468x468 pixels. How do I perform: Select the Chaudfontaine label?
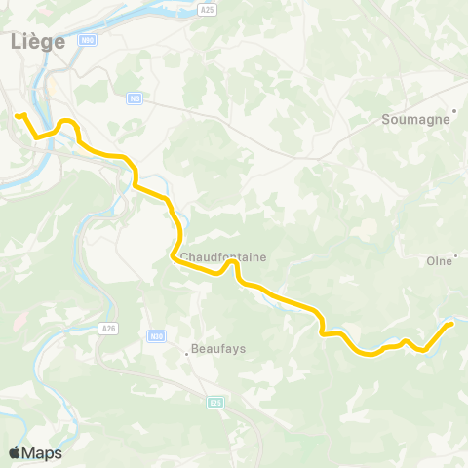pos(223,257)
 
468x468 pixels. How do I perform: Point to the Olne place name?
pos(441,261)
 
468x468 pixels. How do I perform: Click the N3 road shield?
pos(135,97)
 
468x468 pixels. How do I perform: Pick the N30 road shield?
pos(156,334)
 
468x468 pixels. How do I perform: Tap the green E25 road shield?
pos(215,400)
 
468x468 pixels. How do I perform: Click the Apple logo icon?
pos(16,452)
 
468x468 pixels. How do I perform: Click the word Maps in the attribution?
pos(42,452)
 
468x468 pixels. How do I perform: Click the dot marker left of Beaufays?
pos(187,353)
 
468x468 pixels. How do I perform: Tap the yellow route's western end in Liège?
pos(18,116)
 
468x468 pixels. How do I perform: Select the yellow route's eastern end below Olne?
pos(451,323)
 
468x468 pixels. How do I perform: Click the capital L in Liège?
pos(15,42)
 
